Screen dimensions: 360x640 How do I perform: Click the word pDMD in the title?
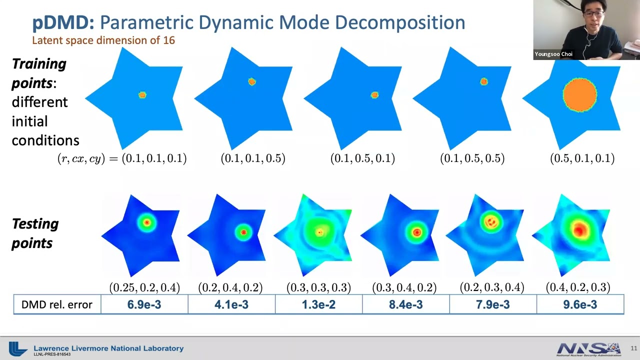(62, 22)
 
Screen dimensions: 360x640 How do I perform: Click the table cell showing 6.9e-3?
(144, 304)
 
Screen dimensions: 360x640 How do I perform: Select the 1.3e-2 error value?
(318, 304)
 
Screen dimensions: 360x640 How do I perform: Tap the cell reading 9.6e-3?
(580, 304)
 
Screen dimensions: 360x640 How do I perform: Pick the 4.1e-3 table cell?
(231, 304)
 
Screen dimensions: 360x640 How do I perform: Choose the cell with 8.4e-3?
(405, 304)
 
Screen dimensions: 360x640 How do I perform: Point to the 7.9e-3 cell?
(492, 304)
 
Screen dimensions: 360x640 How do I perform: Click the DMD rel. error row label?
(57, 304)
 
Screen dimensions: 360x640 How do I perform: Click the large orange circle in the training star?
(580, 94)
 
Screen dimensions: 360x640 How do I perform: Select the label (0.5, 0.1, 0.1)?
(582, 158)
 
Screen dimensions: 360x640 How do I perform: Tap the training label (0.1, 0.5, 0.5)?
(472, 158)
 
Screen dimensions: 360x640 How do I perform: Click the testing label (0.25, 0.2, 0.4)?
(144, 287)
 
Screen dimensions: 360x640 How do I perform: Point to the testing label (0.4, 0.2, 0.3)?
(578, 287)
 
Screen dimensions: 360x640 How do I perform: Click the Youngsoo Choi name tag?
(553, 54)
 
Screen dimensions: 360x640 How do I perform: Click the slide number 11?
(633, 348)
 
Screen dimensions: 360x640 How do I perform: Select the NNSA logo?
(588, 348)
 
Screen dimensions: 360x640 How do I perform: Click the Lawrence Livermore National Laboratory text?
(108, 348)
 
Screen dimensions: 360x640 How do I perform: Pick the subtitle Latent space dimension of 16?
(103, 40)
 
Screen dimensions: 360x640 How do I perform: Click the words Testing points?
(35, 233)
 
